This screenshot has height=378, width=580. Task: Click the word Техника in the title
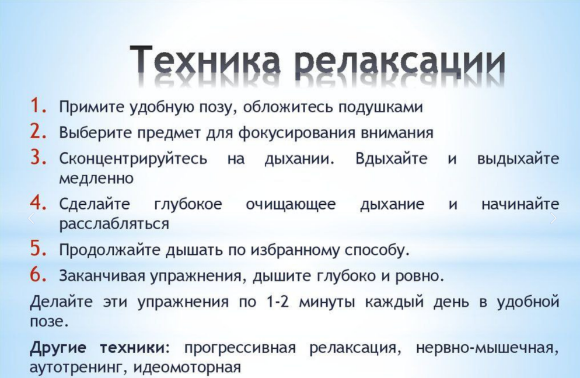[205, 60]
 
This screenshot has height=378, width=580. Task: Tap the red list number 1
[38, 106]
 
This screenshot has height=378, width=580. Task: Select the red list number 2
[38, 131]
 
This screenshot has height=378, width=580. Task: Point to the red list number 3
[38, 157]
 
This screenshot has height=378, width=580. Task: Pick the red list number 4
[38, 202]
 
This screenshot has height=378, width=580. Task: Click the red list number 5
[38, 249]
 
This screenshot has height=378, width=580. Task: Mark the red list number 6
[38, 274]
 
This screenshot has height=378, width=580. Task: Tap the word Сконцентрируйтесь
[134, 159]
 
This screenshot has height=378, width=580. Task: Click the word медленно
[96, 178]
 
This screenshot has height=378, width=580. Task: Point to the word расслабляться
[114, 224]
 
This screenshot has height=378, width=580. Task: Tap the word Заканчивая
[102, 276]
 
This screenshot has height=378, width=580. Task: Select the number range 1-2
[277, 302]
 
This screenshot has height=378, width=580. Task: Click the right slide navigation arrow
[553, 218]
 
